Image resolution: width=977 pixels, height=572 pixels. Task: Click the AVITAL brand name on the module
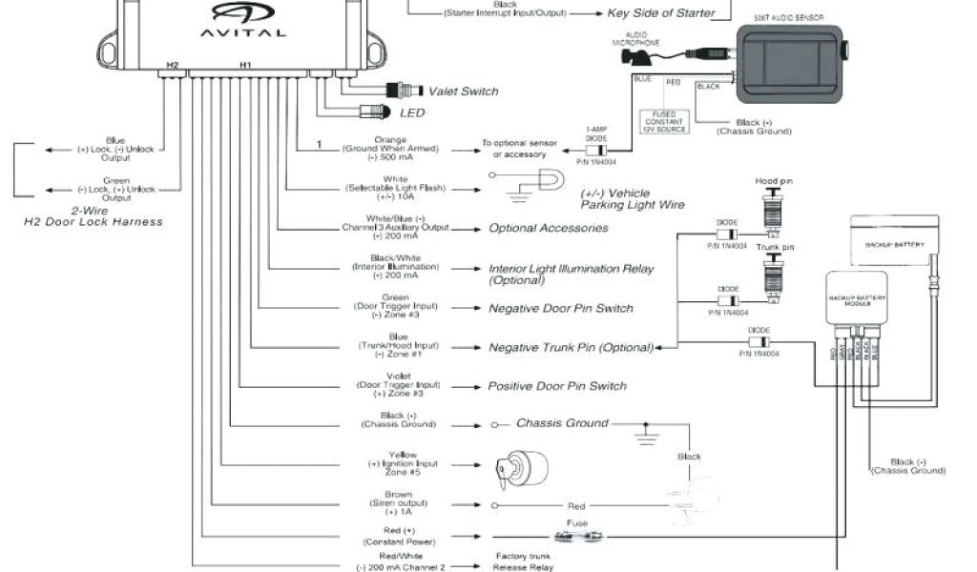242,31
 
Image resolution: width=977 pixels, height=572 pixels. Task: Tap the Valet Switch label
463,92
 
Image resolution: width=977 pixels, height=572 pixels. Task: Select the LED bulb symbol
373,112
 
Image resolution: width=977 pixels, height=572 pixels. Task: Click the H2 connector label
172,65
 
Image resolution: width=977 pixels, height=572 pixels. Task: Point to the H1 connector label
245,65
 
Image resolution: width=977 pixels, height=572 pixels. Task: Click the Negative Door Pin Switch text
560,309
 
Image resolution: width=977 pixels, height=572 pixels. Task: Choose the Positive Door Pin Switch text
557,386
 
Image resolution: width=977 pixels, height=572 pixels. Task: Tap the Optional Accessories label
548,229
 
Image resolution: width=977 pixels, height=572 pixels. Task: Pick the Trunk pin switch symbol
774,277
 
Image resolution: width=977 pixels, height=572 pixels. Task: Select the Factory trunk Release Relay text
523,562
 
